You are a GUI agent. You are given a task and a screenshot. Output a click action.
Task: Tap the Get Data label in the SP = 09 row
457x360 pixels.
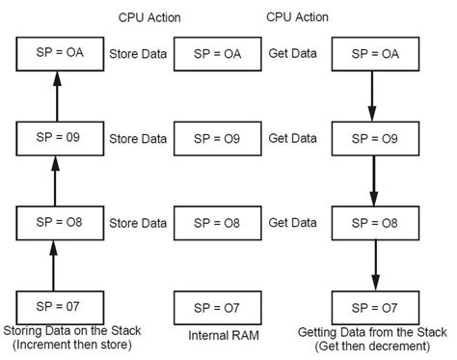[292, 138]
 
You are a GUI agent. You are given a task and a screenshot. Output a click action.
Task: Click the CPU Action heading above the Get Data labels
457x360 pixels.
[296, 17]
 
